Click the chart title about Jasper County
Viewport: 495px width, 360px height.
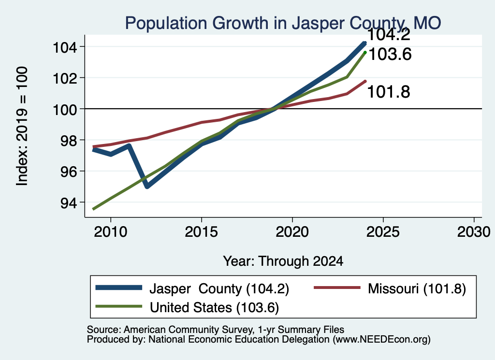click(x=283, y=23)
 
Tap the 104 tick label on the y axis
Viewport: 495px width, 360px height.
click(x=65, y=48)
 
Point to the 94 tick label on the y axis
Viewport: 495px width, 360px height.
click(x=69, y=203)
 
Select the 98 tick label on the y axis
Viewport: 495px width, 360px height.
click(x=69, y=141)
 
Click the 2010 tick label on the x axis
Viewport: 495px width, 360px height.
click(x=111, y=232)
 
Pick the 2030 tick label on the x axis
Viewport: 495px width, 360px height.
click(x=474, y=232)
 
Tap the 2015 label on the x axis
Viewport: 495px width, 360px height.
click(x=202, y=232)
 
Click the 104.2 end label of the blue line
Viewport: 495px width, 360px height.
click(x=389, y=34)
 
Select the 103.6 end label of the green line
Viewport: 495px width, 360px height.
click(x=390, y=54)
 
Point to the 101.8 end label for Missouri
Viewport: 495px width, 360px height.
click(x=389, y=92)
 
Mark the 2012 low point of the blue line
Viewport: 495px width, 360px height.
click(x=147, y=187)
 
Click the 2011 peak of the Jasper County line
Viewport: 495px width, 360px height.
click(x=129, y=146)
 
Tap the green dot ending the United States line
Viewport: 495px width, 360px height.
click(x=365, y=52)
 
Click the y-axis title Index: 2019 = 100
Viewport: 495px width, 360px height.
click(x=22, y=126)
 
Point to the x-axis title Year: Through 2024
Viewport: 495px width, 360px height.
click(x=283, y=261)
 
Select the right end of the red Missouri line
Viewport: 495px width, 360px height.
click(x=365, y=81)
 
